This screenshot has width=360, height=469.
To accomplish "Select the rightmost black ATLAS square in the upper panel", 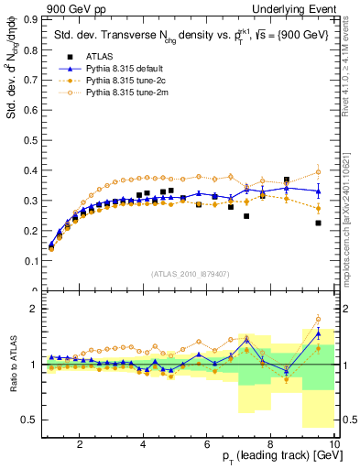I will pyautogui.click(x=318, y=223).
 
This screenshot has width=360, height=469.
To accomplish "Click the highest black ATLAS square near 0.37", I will pyautogui.click(x=287, y=180).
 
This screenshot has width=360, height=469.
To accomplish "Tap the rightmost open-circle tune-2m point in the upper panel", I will pyautogui.click(x=318, y=172).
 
